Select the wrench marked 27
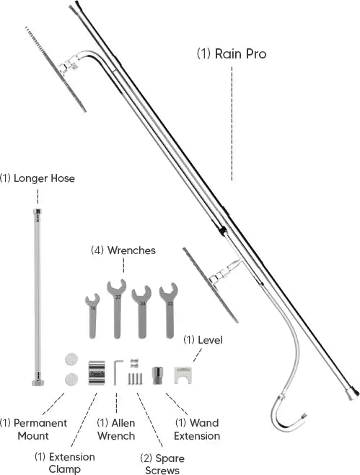pos(117,309)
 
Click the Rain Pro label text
pos(232,54)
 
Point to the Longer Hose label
pos(38,178)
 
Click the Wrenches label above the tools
pos(123,250)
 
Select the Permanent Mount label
pos(33,430)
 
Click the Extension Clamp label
pos(64,463)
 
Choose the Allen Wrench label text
pos(116,430)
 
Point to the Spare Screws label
pos(162,463)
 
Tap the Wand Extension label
pos(197,430)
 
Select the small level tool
pos(183,375)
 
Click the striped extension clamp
pos(97,372)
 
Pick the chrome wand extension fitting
pos(157,375)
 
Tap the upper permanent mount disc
pos(71,359)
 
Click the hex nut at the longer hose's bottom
pos(38,383)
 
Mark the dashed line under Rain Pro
pos(232,123)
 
